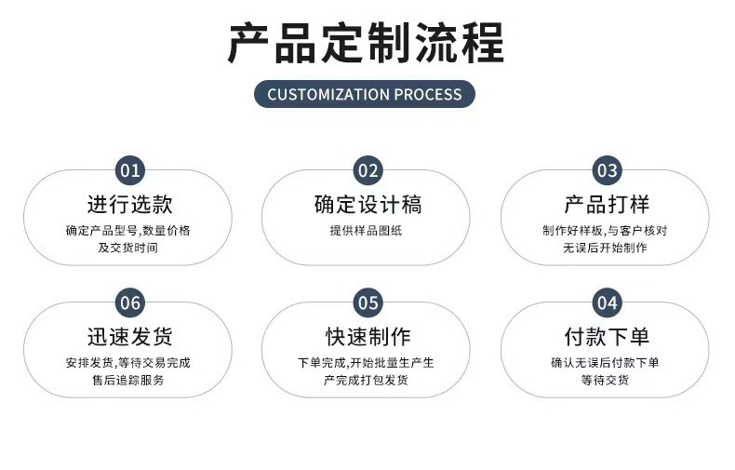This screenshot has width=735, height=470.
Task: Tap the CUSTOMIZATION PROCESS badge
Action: coord(365,94)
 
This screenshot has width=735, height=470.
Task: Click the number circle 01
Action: coord(129,170)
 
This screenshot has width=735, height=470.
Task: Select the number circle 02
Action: coord(368,170)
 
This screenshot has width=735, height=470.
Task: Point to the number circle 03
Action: coord(607,170)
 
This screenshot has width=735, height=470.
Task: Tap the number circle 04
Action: coord(607,302)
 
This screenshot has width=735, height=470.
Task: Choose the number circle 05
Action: coord(368,302)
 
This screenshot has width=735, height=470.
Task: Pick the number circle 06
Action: coord(130,302)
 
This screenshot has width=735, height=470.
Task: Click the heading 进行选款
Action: coord(129,205)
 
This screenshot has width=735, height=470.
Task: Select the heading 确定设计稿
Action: coord(367,205)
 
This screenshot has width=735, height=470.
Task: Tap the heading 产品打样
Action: coord(606,205)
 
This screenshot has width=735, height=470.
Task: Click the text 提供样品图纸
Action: coord(367,231)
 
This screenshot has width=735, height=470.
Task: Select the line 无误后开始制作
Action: coord(605,248)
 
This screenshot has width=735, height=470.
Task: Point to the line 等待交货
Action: coord(605,380)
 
